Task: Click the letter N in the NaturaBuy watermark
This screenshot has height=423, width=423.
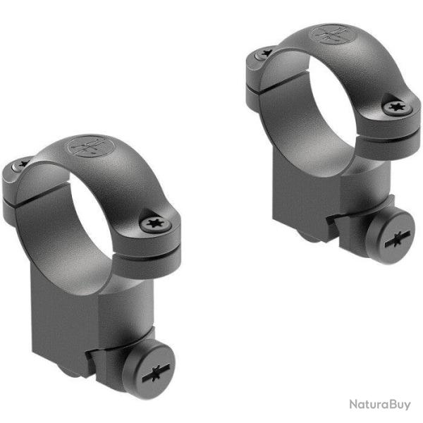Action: (x=352, y=405)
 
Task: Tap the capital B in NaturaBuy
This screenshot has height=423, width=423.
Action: (x=388, y=405)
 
